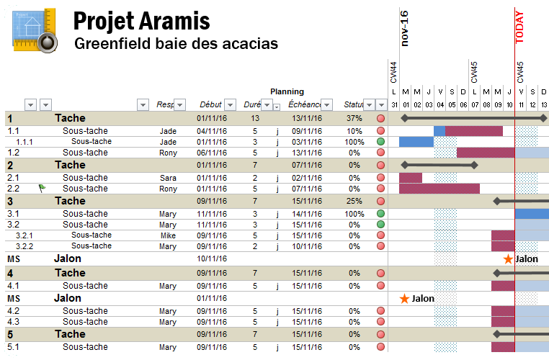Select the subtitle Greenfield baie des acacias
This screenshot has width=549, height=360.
[176, 44]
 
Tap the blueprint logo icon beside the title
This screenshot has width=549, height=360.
[33, 30]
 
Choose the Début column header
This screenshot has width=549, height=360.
[210, 104]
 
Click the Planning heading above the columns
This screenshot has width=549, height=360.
[287, 91]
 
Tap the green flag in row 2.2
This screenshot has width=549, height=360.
[42, 189]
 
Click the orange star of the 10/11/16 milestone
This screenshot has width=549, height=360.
[508, 258]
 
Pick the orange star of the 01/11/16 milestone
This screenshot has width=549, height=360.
[404, 298]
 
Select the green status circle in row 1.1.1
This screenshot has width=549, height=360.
[380, 142]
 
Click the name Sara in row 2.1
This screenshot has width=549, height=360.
[168, 178]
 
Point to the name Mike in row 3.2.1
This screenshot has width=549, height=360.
[168, 235]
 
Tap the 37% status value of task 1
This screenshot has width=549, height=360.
[354, 118]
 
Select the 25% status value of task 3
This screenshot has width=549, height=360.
[354, 201]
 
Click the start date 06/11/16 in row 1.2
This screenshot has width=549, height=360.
[212, 153]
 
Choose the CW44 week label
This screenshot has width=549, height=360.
[393, 73]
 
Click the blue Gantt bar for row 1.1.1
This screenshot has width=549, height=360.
[416, 142]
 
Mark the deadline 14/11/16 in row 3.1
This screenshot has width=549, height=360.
[306, 214]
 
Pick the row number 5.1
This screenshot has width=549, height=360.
[13, 347]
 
